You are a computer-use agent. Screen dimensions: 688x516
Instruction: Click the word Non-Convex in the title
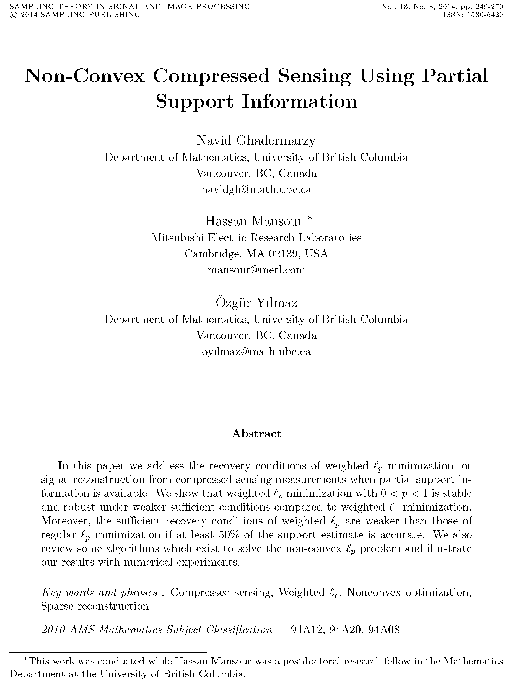pyautogui.click(x=85, y=76)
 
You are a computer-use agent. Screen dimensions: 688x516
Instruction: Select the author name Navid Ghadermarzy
pyautogui.click(x=256, y=141)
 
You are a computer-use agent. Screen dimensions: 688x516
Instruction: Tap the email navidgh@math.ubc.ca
pyautogui.click(x=256, y=189)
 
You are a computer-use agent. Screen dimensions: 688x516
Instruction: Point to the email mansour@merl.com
pyautogui.click(x=256, y=270)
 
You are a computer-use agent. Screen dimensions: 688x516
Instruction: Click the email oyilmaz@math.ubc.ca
pyautogui.click(x=256, y=351)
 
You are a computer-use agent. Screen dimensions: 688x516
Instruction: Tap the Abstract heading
pyautogui.click(x=256, y=434)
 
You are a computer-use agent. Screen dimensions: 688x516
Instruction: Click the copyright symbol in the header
pyautogui.click(x=13, y=15)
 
